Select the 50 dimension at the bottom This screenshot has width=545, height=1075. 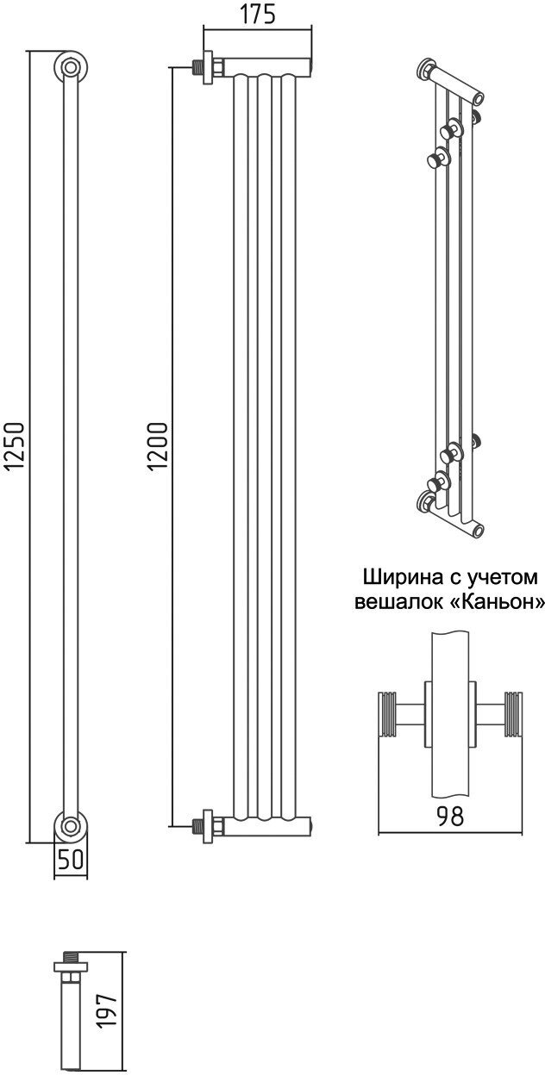tap(71, 859)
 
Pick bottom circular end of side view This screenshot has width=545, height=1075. tap(70, 826)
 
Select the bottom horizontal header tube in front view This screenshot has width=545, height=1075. tap(267, 826)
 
